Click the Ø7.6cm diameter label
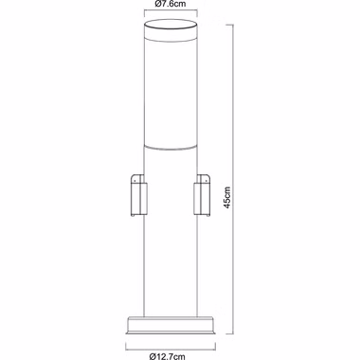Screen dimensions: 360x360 click(x=171, y=4)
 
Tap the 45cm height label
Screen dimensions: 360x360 click(x=227, y=197)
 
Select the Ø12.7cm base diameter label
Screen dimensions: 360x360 click(x=168, y=356)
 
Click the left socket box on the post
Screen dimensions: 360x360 click(x=139, y=195)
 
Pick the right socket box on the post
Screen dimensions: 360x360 click(x=202, y=195)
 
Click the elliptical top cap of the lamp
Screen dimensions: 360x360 click(x=171, y=25)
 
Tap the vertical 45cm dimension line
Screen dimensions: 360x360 click(x=233, y=179)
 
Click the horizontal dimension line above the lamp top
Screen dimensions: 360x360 click(x=171, y=10)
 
